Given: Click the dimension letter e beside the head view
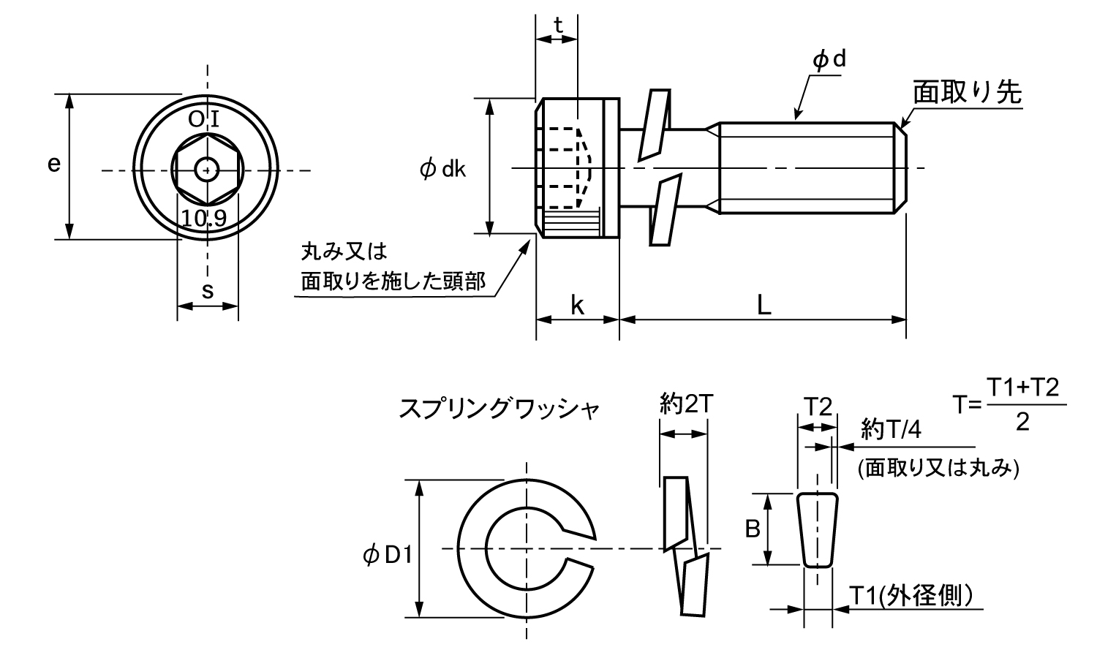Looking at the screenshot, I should click(x=53, y=164).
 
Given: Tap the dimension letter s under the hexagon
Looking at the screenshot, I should click(x=208, y=291).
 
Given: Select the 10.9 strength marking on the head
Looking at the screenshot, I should click(x=205, y=217).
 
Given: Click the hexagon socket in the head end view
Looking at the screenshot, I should click(x=209, y=171).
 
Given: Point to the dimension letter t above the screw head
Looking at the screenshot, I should click(x=557, y=26).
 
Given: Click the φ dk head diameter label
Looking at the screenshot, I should click(x=444, y=170).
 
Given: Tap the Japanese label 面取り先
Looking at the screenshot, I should click(x=967, y=94).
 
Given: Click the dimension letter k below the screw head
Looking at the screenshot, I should click(x=577, y=306).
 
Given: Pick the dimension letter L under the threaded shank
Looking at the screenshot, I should click(x=763, y=305).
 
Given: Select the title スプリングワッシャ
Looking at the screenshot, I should click(x=499, y=408).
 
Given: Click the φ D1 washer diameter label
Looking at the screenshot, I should click(x=388, y=557).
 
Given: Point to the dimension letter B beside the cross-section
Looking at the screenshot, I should click(x=753, y=529).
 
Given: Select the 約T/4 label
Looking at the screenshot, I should click(x=891, y=429).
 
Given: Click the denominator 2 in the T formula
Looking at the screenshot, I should click(x=1022, y=422).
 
